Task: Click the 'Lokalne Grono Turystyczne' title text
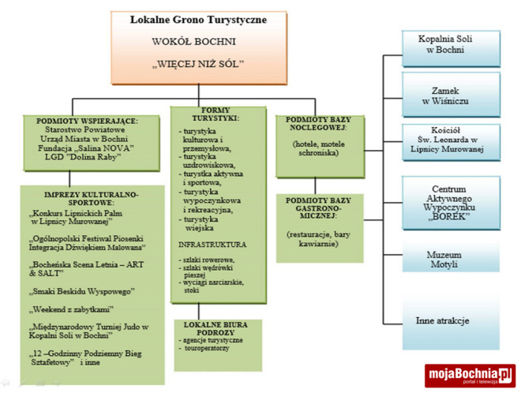(x=198, y=18)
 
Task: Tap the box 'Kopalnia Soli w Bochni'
(x=452, y=47)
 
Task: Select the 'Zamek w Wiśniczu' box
(x=452, y=95)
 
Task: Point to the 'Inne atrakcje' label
(x=443, y=320)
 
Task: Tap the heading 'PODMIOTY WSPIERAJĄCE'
(x=87, y=121)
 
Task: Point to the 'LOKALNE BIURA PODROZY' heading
(x=216, y=328)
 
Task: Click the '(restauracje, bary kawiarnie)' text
(x=319, y=239)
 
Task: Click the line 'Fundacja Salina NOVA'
(x=88, y=148)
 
